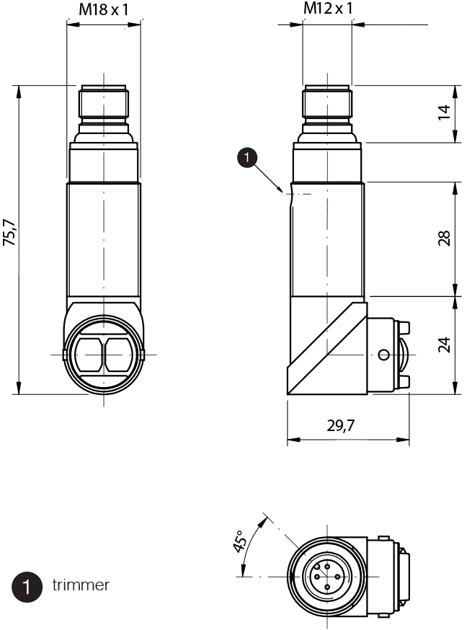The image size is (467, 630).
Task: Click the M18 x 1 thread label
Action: tap(104, 9)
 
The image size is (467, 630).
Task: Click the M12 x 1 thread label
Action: tap(328, 8)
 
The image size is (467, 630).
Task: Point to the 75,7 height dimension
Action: tap(9, 233)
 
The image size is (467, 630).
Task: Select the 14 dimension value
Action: tap(444, 112)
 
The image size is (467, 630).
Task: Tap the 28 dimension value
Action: tap(444, 239)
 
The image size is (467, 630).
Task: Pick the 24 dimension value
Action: tap(444, 345)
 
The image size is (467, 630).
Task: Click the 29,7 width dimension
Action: tap(341, 425)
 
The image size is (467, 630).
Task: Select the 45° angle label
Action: tap(240, 541)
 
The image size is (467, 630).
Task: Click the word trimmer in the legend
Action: tap(81, 585)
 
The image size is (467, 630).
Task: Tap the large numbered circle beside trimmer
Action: tap(27, 587)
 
